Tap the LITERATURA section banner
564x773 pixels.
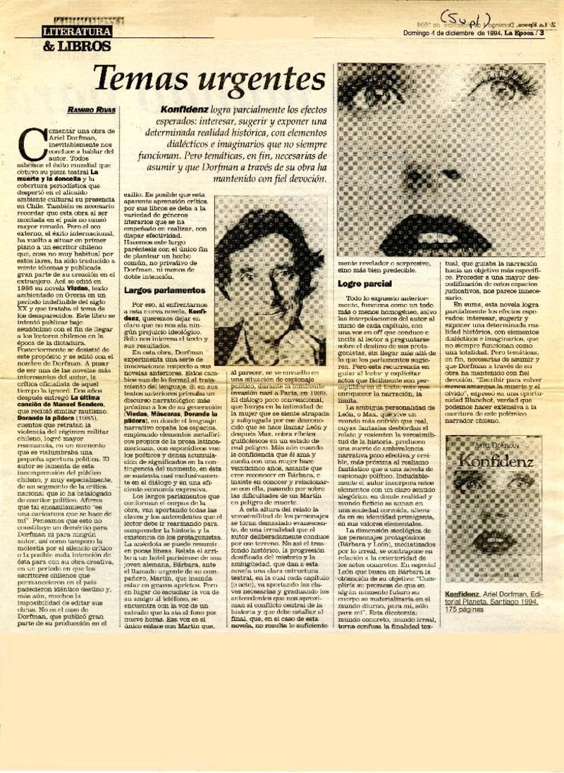(x=76, y=32)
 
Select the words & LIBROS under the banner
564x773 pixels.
(x=76, y=46)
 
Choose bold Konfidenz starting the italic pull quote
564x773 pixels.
(x=183, y=111)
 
